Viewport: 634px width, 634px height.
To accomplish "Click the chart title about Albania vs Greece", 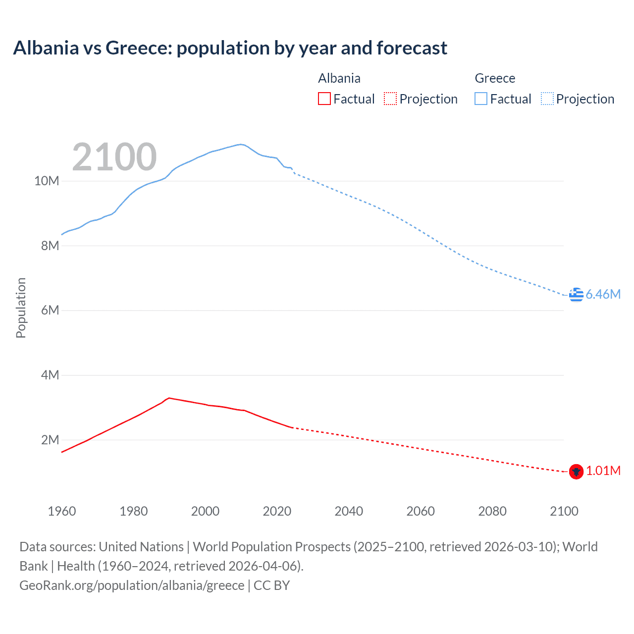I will [x=230, y=48].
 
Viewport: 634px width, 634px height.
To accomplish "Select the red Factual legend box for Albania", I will [x=324, y=99].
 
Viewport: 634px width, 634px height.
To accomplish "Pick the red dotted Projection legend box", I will [x=390, y=99].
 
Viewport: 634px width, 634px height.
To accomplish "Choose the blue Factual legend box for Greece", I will [x=480, y=99].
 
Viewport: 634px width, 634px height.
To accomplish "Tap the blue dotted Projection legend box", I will [x=547, y=99].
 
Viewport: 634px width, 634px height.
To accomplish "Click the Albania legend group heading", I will [x=339, y=78].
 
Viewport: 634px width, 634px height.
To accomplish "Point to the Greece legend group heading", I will [x=494, y=78].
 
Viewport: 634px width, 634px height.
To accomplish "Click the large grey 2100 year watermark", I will [x=114, y=157].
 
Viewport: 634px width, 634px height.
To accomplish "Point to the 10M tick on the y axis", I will [x=47, y=181].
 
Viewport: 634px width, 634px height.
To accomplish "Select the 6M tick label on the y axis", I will [x=50, y=310].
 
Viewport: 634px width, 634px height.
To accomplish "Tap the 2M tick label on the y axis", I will [x=50, y=440].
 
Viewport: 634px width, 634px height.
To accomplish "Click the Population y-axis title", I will [x=21, y=308].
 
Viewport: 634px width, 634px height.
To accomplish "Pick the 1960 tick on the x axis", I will [x=62, y=511].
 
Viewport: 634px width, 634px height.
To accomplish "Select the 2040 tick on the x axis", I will [x=349, y=511].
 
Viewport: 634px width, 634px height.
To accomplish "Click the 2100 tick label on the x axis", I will [x=564, y=511].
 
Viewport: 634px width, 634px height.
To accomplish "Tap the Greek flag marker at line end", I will [x=576, y=294].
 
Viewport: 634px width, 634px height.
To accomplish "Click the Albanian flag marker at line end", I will [x=576, y=472].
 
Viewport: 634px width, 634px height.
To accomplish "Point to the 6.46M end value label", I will [x=603, y=294].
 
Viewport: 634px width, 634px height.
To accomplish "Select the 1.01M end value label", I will [x=603, y=471].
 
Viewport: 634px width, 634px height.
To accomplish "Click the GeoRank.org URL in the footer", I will [x=132, y=585].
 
